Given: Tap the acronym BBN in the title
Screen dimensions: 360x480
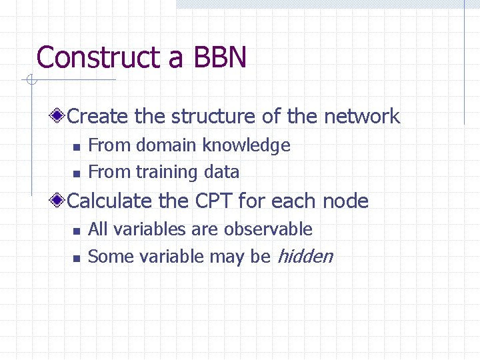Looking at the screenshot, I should pyautogui.click(x=220, y=57).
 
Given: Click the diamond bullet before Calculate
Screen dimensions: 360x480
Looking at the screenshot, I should pyautogui.click(x=59, y=201).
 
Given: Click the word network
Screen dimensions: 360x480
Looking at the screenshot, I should pyautogui.click(x=361, y=117).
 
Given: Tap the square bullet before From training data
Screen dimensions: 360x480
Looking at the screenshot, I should pyautogui.click(x=76, y=173).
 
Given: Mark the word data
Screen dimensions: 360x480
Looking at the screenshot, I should pyautogui.click(x=221, y=172).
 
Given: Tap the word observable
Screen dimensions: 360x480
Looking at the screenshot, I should pyautogui.click(x=268, y=229).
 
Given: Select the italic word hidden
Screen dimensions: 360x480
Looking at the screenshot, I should pyautogui.click(x=304, y=256).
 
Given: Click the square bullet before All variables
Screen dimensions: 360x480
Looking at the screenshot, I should pyautogui.click(x=76, y=231).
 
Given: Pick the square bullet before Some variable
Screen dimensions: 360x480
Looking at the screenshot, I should pyautogui.click(x=76, y=257).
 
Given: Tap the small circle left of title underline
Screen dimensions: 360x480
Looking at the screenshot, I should pyautogui.click(x=30, y=81).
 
